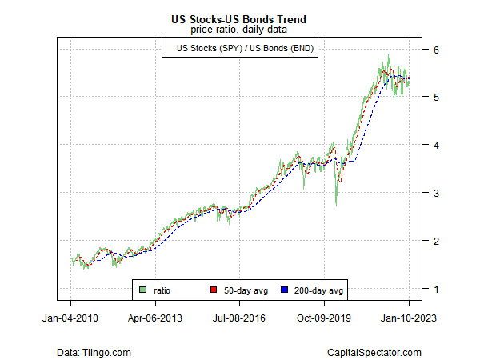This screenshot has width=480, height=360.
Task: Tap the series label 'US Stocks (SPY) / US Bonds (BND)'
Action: (x=239, y=49)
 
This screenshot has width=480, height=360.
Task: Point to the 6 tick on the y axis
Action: (x=436, y=49)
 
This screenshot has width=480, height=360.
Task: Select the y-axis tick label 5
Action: (x=436, y=97)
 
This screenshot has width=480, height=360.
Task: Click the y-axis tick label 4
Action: (x=436, y=145)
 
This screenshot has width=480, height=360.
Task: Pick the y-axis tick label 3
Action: (x=436, y=193)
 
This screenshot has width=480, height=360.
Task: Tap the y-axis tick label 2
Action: (x=436, y=241)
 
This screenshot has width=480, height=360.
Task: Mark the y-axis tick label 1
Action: (x=436, y=289)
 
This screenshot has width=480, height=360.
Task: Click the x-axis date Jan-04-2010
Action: (x=70, y=318)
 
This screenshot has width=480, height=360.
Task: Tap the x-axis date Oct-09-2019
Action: (x=325, y=318)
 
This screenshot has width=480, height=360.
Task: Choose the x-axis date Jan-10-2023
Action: (x=409, y=318)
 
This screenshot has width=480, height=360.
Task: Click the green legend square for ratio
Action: (x=142, y=289)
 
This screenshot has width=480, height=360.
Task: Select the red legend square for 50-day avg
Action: (x=213, y=289)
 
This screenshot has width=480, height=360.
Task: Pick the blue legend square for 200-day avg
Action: (x=285, y=289)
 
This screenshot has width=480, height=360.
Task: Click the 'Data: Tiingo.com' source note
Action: (x=94, y=352)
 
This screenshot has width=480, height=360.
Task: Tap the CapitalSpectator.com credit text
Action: (x=374, y=352)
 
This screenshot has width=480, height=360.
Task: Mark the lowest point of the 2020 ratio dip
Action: (x=336, y=206)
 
